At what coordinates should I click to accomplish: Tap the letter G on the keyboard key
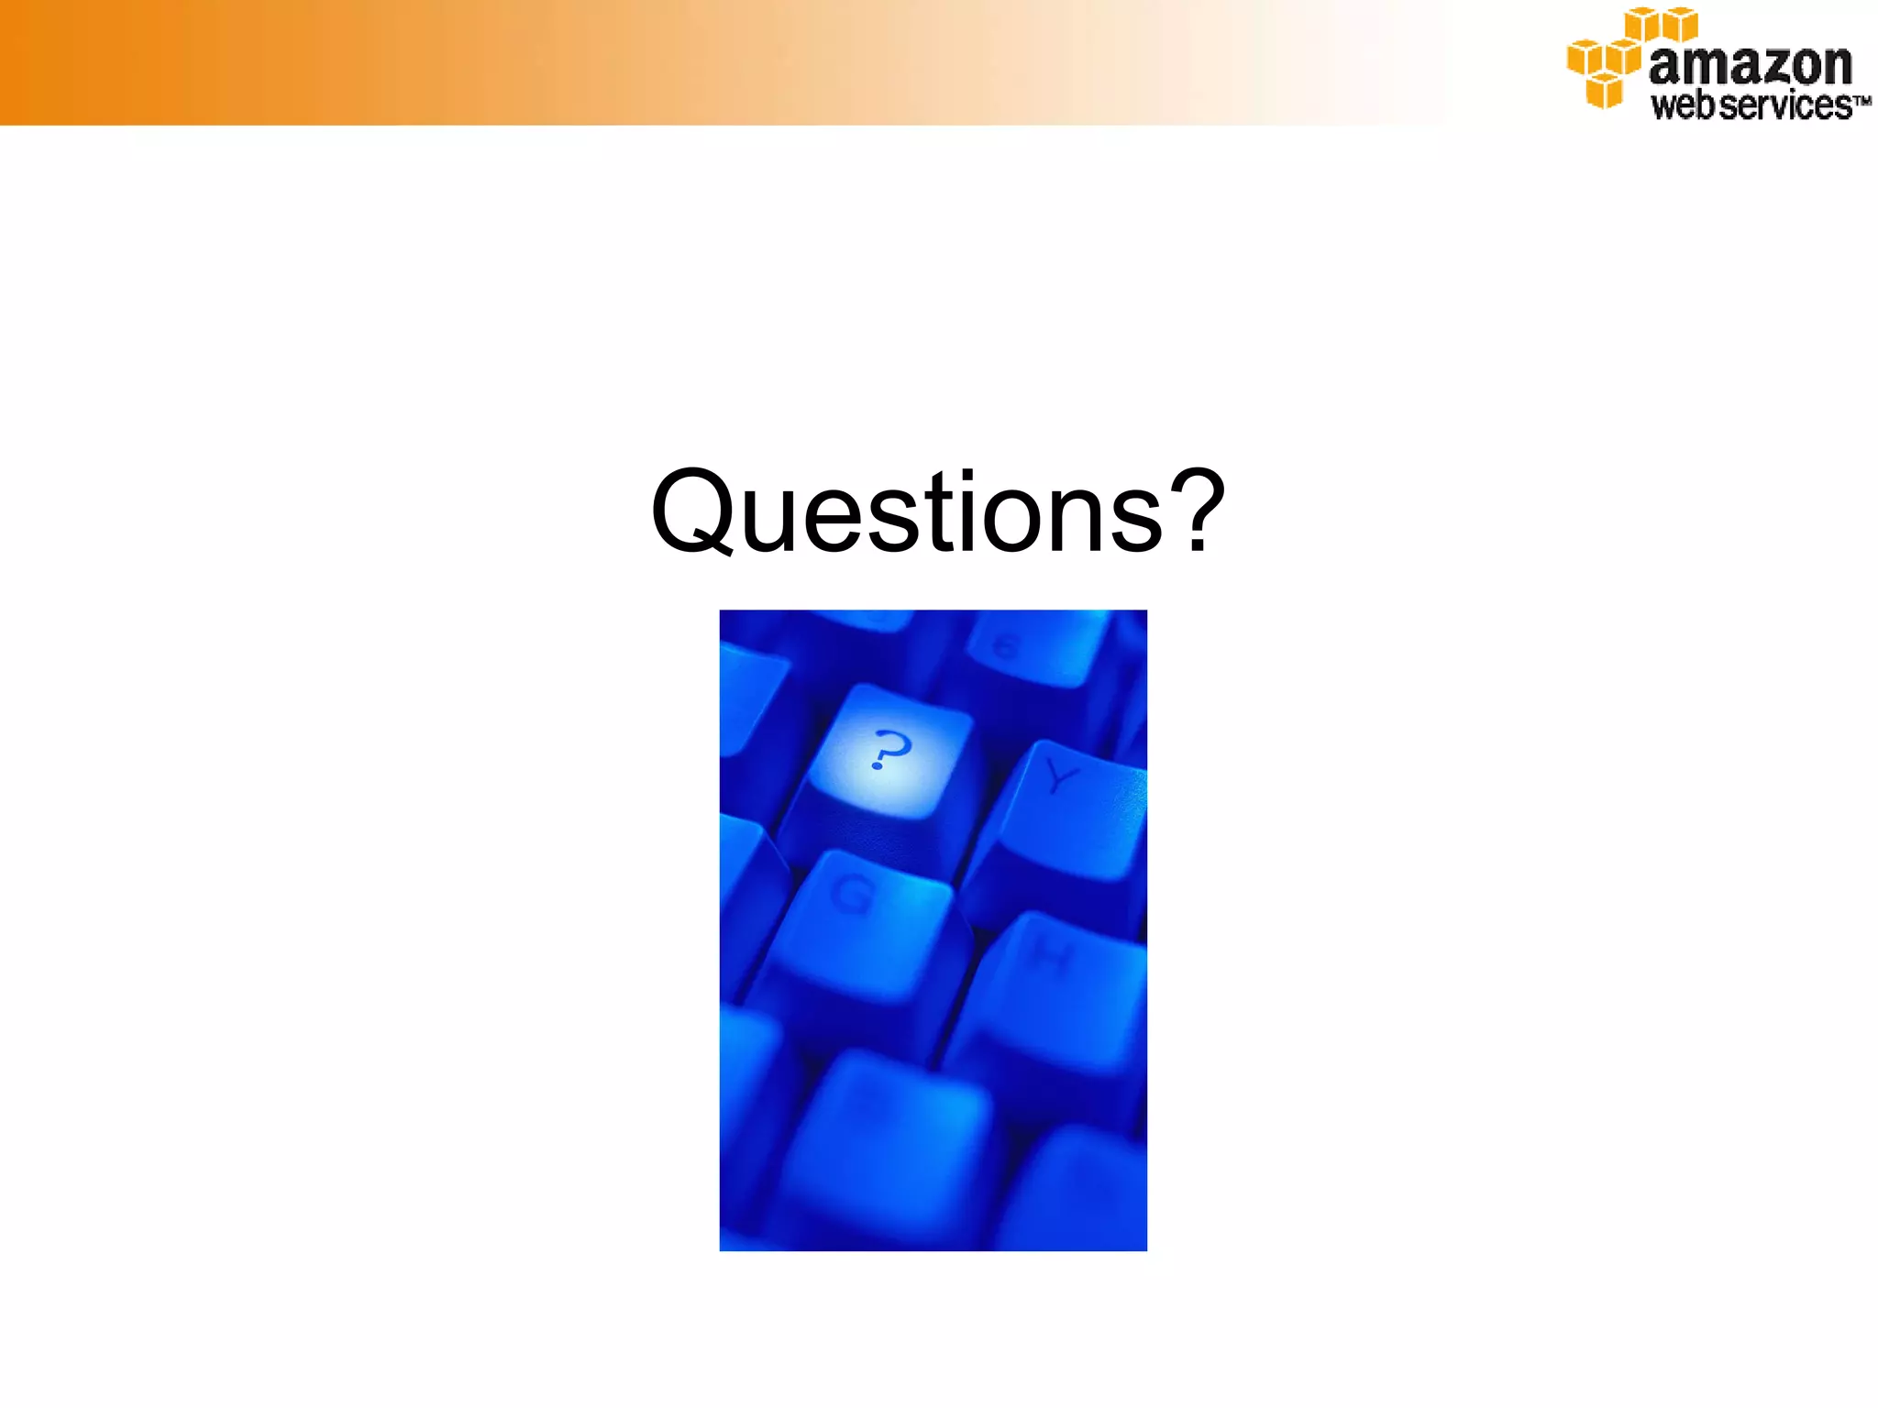click(854, 895)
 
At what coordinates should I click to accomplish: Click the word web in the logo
click(1684, 104)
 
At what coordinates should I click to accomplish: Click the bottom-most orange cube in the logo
click(1604, 92)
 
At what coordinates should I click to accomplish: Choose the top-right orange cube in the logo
click(1680, 24)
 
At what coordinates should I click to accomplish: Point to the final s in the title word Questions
click(1135, 521)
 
